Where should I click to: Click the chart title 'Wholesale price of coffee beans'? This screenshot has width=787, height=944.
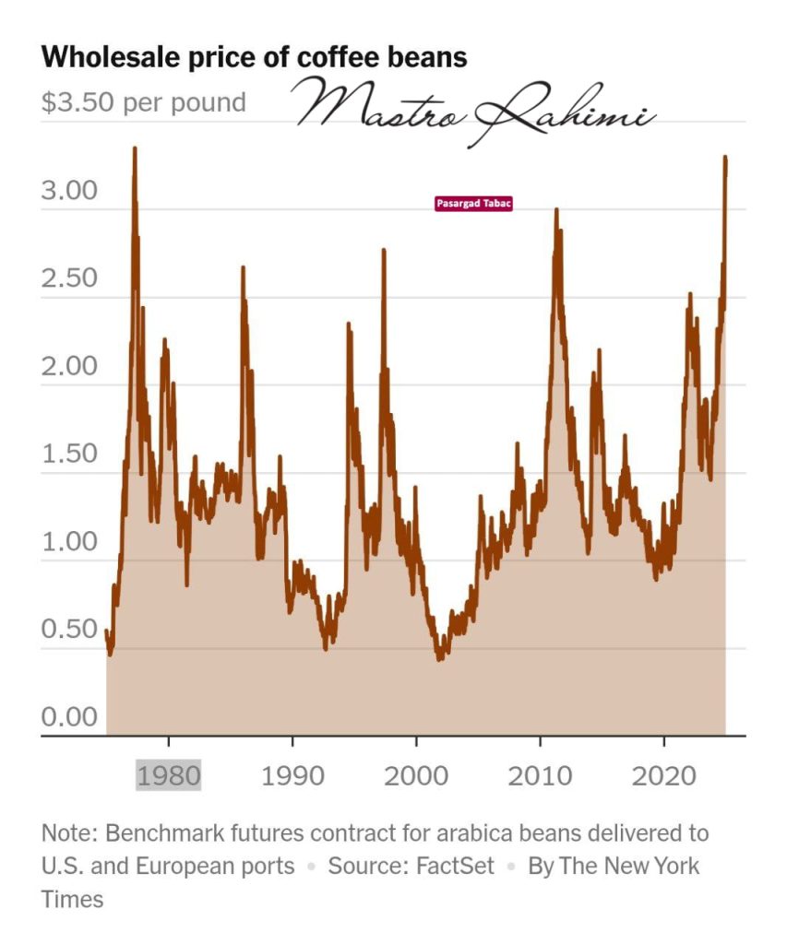click(x=254, y=57)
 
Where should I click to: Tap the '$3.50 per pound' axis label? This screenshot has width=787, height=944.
click(x=144, y=101)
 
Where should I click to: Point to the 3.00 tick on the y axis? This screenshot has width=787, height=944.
click(x=70, y=191)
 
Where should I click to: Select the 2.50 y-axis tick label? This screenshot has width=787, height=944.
click(x=70, y=278)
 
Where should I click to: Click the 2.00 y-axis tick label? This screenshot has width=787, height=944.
click(x=70, y=367)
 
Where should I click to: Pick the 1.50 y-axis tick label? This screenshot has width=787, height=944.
click(x=70, y=454)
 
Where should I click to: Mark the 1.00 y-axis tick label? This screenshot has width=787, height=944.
click(x=70, y=542)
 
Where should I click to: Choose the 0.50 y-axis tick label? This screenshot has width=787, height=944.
click(x=70, y=630)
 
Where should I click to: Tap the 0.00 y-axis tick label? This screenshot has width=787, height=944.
click(x=70, y=717)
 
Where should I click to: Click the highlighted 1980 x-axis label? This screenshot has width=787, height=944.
click(x=169, y=775)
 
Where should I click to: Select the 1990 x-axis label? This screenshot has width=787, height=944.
click(x=292, y=775)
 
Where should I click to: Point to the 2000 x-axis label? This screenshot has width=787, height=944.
click(x=416, y=775)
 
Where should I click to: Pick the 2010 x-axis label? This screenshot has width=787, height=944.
click(x=540, y=775)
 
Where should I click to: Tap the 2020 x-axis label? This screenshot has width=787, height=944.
click(x=663, y=775)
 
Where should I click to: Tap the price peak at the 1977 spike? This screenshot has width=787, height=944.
click(x=135, y=148)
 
